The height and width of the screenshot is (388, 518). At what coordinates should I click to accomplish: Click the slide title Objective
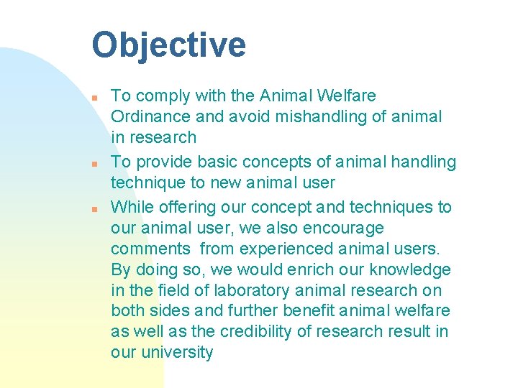[168, 45]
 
